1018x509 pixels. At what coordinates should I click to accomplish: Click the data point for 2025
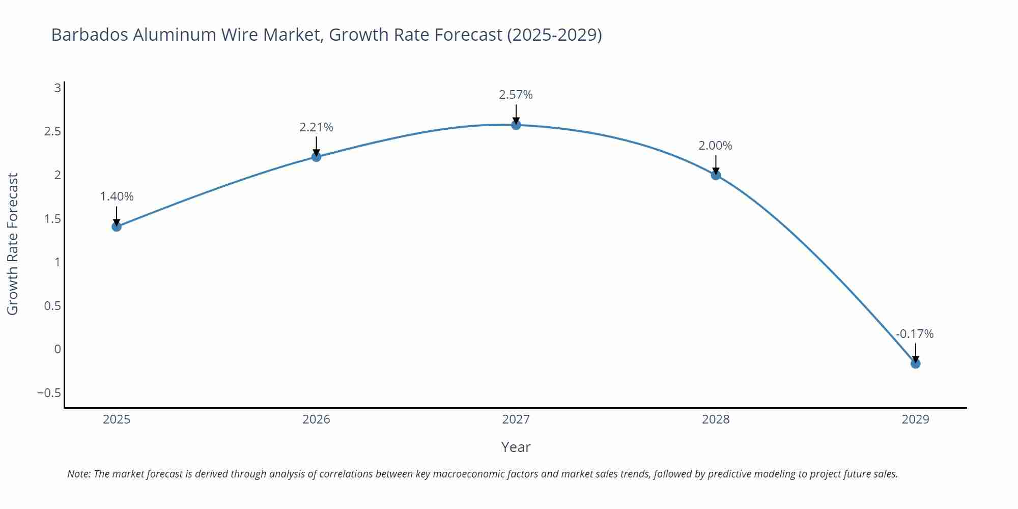pos(117,227)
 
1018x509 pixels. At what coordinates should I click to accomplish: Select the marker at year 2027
pos(516,125)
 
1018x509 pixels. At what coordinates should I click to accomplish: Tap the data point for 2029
pos(915,363)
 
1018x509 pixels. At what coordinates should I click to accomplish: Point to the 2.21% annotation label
pos(316,127)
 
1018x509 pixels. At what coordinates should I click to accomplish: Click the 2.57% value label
pos(516,95)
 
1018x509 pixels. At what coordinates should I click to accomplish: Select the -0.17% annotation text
pos(915,334)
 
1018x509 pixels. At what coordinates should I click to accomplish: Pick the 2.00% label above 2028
pos(715,146)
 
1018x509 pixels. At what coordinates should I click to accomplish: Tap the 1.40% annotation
pos(117,196)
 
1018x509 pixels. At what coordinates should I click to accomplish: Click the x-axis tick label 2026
pos(316,419)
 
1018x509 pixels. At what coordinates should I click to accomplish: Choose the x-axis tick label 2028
pos(715,419)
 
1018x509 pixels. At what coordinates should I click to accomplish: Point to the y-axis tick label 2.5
pos(52,132)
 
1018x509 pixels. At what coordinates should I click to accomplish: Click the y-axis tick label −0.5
pos(49,393)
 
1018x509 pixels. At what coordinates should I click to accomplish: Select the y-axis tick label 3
pos(58,88)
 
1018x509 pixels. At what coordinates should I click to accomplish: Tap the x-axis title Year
pos(516,447)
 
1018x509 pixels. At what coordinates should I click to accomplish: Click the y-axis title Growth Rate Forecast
pos(13,244)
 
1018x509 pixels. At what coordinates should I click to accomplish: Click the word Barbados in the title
pos(90,35)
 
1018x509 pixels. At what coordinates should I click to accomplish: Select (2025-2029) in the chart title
pos(554,35)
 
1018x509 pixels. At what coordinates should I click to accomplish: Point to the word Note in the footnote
pos(78,474)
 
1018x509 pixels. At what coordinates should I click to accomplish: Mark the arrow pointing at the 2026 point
pos(316,146)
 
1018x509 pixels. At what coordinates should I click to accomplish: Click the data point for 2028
pos(716,175)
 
